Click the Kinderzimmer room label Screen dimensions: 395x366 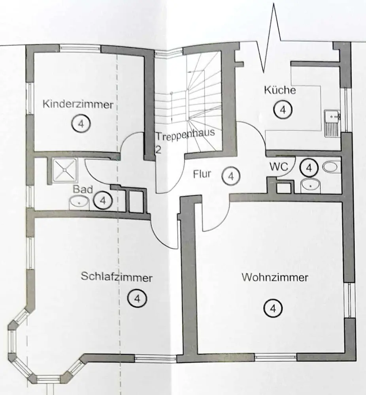[78, 105]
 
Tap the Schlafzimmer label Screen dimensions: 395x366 [117, 277]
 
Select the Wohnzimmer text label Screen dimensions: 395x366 [275, 277]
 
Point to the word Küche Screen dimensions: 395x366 [279, 90]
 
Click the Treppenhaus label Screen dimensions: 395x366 [185, 134]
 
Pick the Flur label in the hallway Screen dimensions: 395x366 [204, 173]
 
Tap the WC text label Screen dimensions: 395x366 [279, 166]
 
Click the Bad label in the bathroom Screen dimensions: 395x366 [83, 189]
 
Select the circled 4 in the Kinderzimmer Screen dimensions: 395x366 [81, 124]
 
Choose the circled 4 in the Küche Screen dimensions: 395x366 [283, 109]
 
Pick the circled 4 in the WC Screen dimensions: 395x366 [309, 168]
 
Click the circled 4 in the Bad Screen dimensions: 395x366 [103, 200]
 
